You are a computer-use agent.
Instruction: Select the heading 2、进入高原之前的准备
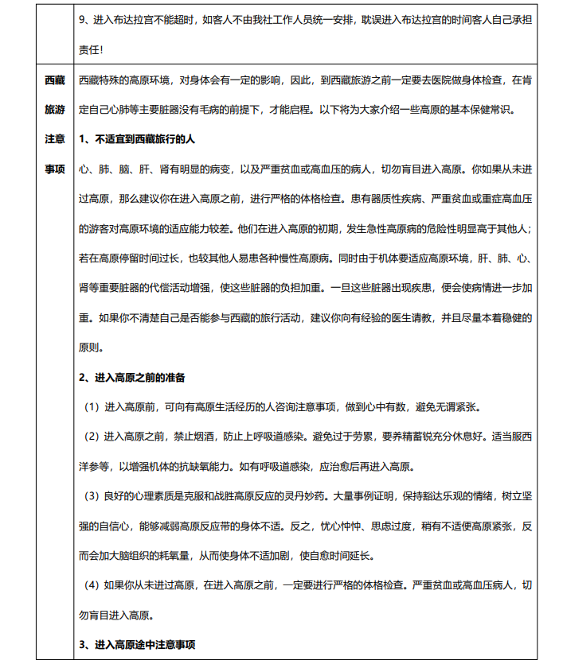[132, 377]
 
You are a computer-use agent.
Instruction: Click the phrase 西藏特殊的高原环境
[126, 80]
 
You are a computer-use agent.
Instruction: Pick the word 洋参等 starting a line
[96, 466]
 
